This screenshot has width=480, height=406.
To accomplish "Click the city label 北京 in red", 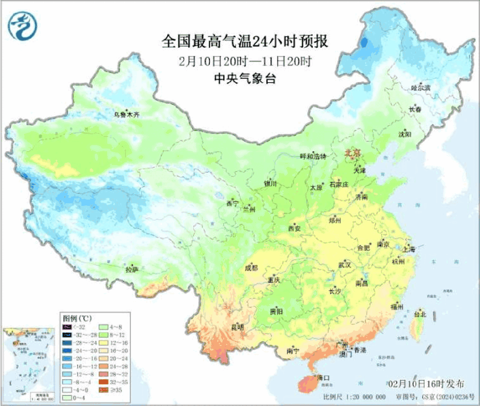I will pos(354,152).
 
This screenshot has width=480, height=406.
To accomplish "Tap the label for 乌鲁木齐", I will pos(126,114).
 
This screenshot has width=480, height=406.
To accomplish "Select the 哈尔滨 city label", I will pos(421,88).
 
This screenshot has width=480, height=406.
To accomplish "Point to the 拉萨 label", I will pos(132,269).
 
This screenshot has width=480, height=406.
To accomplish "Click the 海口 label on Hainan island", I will pos(323,378).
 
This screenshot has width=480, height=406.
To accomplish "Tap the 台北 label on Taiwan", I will pos(420,314).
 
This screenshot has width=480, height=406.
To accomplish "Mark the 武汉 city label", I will pos(345,265).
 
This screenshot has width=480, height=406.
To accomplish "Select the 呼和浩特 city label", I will pos(313,157).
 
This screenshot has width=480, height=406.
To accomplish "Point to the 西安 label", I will pos(294,229).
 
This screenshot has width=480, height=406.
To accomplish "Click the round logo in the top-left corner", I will pos(22,25).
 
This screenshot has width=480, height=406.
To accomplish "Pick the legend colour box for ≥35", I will pos(103,390).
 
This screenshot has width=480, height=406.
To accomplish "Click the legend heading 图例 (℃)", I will pos(77,318).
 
